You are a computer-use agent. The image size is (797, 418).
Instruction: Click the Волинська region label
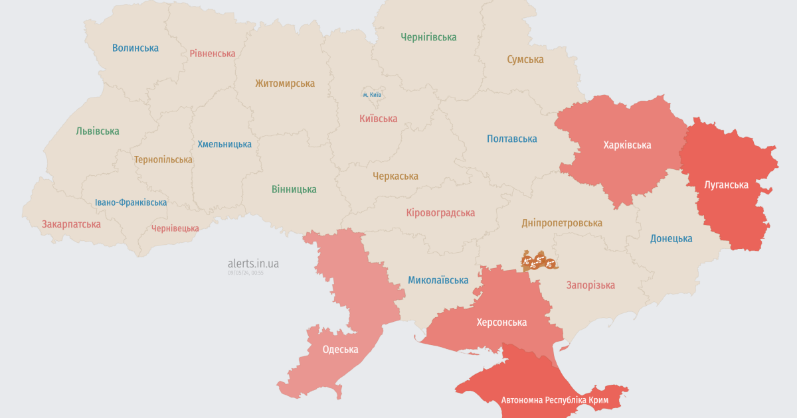coord(135,48)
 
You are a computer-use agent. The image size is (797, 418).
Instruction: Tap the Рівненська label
coord(213,53)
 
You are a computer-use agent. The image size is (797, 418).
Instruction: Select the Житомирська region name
coord(285,84)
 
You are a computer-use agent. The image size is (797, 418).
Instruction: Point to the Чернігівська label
coord(428,37)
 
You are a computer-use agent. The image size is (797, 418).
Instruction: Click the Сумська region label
coord(525,60)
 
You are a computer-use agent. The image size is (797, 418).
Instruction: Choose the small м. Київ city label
coord(372,95)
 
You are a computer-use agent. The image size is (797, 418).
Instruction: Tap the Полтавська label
coord(511,139)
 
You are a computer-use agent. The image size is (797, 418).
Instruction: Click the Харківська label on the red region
coord(627,145)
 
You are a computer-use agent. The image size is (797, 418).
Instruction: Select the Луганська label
coord(726,185)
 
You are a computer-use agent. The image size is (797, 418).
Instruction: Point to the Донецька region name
coord(671,238)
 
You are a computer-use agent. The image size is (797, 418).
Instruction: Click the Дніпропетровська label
coord(562,223)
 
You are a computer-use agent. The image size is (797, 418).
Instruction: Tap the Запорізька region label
coord(590,285)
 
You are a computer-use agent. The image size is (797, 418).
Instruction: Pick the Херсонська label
coord(501,322)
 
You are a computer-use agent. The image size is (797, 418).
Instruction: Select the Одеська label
coord(340,350)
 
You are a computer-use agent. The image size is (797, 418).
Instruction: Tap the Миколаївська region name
coord(438,280)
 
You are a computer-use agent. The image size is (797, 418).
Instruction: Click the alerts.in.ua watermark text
coord(253,263)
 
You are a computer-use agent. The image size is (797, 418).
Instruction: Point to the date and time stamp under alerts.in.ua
coord(246,273)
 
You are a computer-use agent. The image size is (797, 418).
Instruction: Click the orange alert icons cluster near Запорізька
coord(539,261)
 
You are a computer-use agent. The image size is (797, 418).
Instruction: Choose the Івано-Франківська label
coord(131,202)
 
